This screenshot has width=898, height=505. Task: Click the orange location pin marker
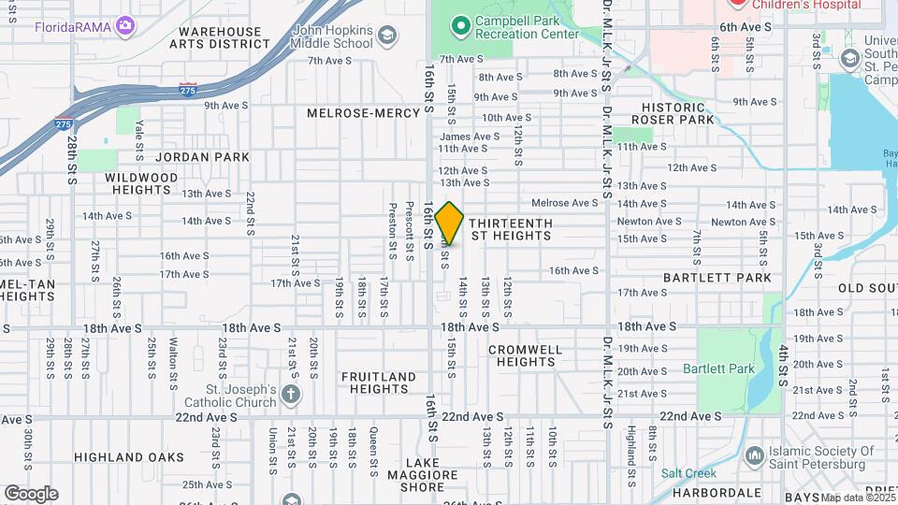coord(450,223)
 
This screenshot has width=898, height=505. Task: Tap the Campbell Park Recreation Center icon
coord(459,23)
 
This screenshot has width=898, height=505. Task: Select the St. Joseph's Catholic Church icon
coord(291,394)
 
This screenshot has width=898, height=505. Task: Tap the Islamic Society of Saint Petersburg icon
coord(754,455)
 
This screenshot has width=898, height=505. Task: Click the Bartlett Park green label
coord(718,369)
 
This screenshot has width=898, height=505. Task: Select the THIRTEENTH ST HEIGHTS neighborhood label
coord(510,230)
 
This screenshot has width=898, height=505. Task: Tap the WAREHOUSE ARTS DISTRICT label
coord(224,37)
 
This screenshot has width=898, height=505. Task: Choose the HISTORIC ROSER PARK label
coord(673,113)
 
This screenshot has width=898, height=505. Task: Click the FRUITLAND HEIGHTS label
coord(378,382)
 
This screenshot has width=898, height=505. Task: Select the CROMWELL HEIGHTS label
coord(526,355)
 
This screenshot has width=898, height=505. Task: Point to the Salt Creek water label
coord(688,473)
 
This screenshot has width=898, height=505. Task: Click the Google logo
coord(31,494)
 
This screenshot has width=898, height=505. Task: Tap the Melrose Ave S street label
coord(564,203)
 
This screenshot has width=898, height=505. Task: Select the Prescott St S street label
coord(410,230)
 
